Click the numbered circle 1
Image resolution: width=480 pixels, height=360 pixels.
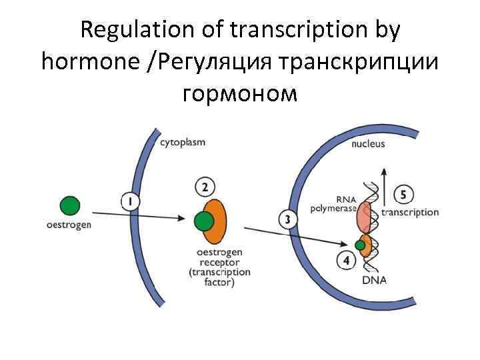pyautogui.click(x=130, y=200)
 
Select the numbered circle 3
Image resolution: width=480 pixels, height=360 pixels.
pyautogui.click(x=287, y=220)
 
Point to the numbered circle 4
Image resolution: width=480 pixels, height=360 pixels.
pyautogui.click(x=345, y=261)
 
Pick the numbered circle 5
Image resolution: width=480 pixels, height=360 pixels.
pyautogui.click(x=403, y=195)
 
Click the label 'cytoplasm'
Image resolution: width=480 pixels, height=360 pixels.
pyautogui.click(x=183, y=142)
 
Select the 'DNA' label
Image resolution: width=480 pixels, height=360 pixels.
pyautogui.click(x=375, y=280)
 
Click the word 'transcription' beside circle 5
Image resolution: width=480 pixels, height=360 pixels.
pyautogui.click(x=409, y=213)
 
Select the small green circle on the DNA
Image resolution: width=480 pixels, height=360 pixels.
pyautogui.click(x=360, y=246)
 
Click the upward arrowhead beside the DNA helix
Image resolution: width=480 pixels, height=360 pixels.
pyautogui.click(x=384, y=171)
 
